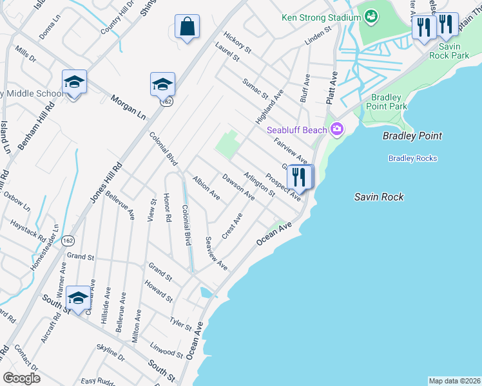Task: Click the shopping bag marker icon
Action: [x=187, y=27]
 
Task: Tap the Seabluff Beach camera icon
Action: [x=336, y=130]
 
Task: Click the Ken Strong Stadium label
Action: [x=320, y=17]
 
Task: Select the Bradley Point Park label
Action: [x=389, y=102]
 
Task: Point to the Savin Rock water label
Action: [x=379, y=197]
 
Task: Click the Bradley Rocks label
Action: [x=412, y=158]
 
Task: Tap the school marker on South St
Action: [x=79, y=298]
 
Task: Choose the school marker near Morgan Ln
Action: [x=162, y=84]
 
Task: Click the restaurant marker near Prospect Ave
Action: [x=300, y=176]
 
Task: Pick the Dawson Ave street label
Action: [x=238, y=187]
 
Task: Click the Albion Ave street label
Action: [x=206, y=187]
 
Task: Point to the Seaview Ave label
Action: [x=216, y=253]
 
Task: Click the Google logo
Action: [x=22, y=378]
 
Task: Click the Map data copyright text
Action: [x=454, y=381]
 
